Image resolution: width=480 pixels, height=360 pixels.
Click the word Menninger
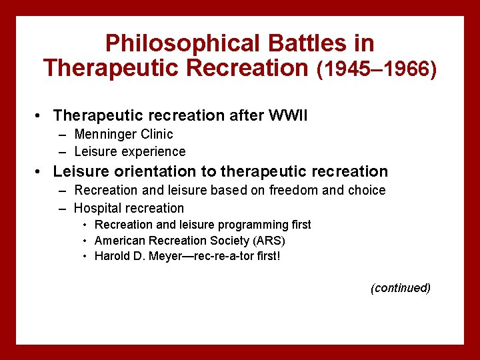[x=104, y=135]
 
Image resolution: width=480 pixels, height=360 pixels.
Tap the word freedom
[x=297, y=191]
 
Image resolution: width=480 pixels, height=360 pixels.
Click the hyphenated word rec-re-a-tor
[x=222, y=257]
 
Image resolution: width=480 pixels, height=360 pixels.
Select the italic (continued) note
[x=401, y=288]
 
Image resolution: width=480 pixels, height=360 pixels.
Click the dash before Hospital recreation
[x=63, y=208]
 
